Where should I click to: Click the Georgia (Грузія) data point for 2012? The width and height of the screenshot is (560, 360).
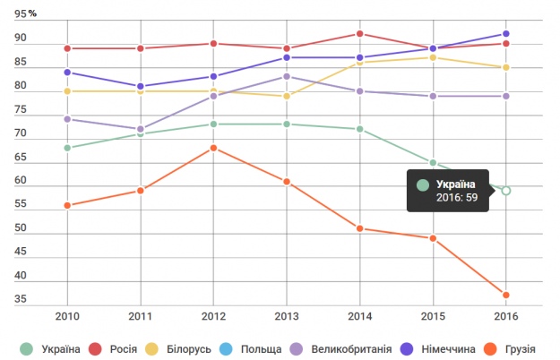213,148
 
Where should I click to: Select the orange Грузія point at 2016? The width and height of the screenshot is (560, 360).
506,296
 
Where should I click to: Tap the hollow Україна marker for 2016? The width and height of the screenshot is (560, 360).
506,191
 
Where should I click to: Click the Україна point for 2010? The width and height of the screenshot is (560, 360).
67,148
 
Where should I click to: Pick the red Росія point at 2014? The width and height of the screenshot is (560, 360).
359,34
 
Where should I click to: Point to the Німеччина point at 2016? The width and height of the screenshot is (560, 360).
506,34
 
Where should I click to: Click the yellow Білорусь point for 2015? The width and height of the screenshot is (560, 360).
433,57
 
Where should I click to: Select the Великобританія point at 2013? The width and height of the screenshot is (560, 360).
287,76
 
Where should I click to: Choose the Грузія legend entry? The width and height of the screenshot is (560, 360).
512,347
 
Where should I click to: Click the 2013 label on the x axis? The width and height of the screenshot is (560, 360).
287,315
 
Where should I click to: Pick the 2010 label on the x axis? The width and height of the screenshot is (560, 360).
67,315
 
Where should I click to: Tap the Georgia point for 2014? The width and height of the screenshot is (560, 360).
359,228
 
